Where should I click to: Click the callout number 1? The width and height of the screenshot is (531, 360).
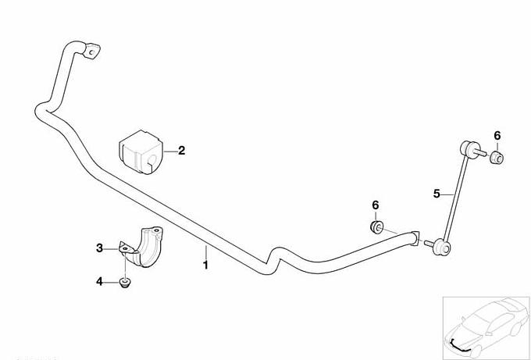click(205, 266)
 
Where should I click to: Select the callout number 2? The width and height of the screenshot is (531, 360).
click(181, 151)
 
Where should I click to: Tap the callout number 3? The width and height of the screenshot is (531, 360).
click(99, 248)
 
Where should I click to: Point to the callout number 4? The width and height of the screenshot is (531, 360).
click(99, 281)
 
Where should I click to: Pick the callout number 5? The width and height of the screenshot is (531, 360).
click(437, 191)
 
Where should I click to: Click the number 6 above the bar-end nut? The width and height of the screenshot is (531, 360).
click(375, 205)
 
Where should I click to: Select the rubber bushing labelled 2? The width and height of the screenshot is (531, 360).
click(139, 151)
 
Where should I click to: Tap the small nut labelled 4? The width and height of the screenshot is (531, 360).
click(124, 282)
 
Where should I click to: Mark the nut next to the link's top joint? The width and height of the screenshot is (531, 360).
click(497, 159)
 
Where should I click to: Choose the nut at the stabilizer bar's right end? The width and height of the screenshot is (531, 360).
click(376, 227)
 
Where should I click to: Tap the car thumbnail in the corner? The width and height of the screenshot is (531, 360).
click(483, 323)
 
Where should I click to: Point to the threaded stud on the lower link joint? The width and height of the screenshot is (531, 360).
click(430, 244)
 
